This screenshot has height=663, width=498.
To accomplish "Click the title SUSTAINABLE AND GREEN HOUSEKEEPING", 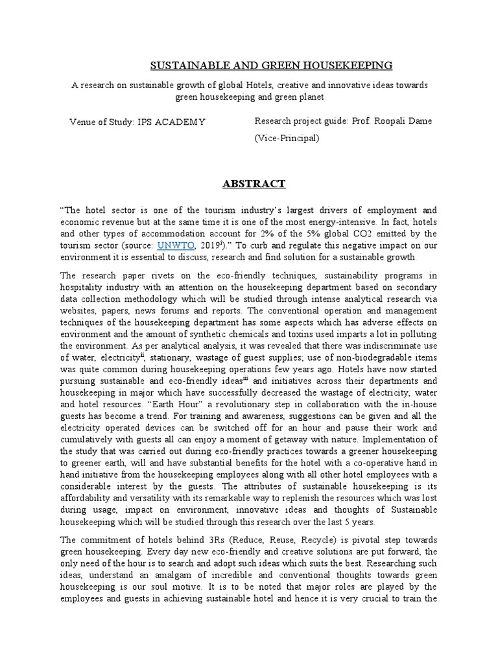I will click(271, 65).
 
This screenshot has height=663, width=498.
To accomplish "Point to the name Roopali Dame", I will click(399, 120).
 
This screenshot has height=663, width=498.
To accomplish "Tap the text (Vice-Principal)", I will click(287, 138).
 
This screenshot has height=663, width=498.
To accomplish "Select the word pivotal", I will click(381, 540).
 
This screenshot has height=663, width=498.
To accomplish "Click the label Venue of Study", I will click(102, 122).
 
